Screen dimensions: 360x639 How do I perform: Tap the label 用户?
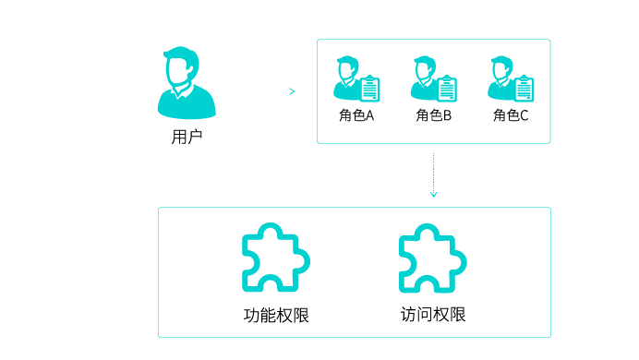click(x=187, y=138)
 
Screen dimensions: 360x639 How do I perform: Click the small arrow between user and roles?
click(x=292, y=91)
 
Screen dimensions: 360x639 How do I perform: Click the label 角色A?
click(x=356, y=115)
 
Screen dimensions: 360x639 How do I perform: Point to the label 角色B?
click(x=433, y=115)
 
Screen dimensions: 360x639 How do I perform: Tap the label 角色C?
click(x=511, y=115)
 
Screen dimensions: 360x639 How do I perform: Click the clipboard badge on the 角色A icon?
click(x=369, y=89)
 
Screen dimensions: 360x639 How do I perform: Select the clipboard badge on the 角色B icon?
click(x=447, y=89)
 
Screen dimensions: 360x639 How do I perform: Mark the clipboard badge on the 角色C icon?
click(x=524, y=89)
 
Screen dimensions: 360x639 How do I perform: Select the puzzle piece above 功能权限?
click(x=275, y=258)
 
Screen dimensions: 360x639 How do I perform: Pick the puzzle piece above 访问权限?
click(x=432, y=258)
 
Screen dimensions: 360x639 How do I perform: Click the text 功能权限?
click(x=275, y=315)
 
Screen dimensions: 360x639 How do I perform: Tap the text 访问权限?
click(x=433, y=314)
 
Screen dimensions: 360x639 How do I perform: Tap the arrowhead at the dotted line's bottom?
click(x=433, y=194)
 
